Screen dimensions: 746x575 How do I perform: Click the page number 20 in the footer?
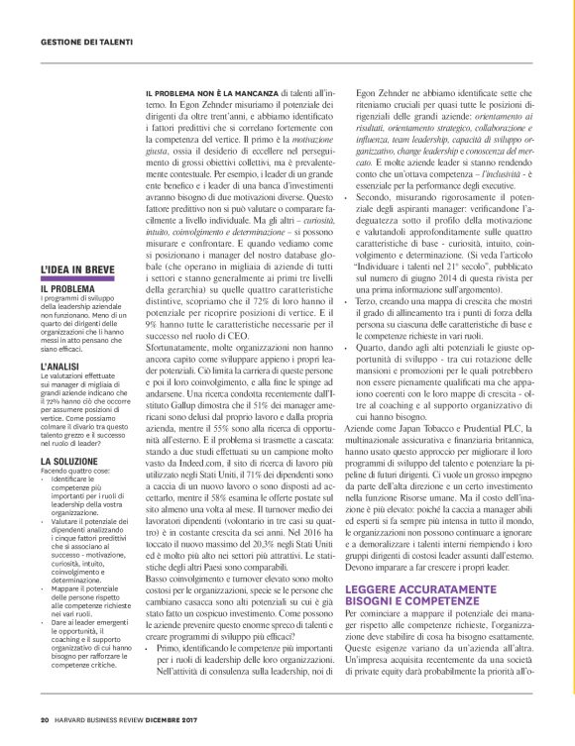click(45, 720)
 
